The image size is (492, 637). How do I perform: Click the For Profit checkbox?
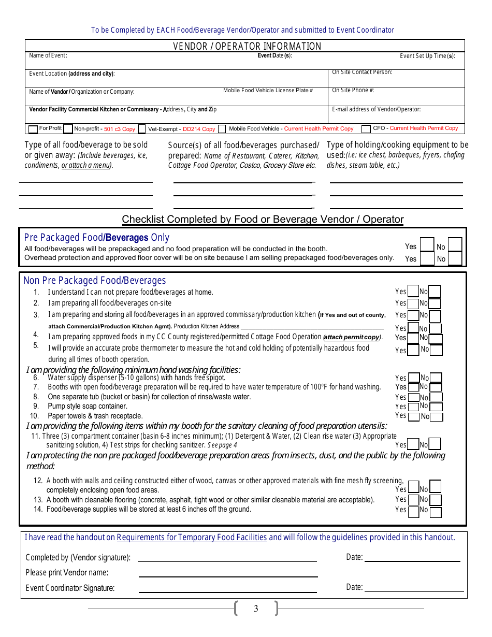tap(33, 129)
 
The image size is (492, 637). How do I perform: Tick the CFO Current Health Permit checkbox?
tap(366, 129)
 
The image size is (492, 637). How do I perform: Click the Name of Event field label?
tap(48, 55)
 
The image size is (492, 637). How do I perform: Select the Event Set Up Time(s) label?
tap(427, 56)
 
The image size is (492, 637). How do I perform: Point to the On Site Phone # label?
tap(353, 90)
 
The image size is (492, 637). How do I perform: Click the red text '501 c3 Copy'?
tap(120, 129)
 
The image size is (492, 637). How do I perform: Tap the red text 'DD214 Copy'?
tap(199, 129)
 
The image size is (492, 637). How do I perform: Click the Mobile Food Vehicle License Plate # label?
tap(268, 90)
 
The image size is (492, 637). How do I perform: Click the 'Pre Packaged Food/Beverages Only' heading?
tap(96, 237)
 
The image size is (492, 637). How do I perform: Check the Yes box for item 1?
tap(413, 292)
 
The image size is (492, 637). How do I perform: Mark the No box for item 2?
tap(435, 303)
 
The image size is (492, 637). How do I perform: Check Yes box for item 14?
tap(413, 512)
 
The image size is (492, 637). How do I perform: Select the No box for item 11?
tap(435, 444)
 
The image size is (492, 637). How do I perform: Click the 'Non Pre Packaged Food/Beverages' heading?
tap(95, 280)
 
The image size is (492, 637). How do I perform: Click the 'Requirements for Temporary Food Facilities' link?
tap(192, 537)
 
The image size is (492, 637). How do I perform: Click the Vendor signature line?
tap(227, 558)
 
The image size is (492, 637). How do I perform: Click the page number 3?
tap(256, 609)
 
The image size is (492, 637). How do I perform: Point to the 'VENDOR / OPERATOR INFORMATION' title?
tap(247, 46)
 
